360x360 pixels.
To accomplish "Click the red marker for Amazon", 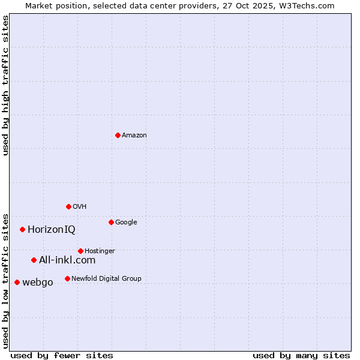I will [118, 135].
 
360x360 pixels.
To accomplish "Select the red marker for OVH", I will [68, 206].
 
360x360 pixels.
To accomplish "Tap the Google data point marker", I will [111, 222].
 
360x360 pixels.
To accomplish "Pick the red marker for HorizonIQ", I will [22, 229].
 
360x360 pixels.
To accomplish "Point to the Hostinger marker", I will [80, 251].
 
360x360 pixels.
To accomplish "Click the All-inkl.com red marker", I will [34, 260].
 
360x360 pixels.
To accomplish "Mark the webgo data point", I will [17, 282].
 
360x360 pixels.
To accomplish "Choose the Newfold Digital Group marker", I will [67, 278].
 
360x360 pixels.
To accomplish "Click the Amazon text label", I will [134, 136].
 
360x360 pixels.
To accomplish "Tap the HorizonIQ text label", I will [52, 230].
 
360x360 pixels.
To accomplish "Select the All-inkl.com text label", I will [67, 260].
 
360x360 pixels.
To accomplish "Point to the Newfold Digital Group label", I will [106, 278].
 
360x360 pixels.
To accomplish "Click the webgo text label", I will [38, 283].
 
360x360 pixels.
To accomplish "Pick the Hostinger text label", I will [100, 251].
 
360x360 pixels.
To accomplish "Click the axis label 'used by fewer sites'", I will [62, 355].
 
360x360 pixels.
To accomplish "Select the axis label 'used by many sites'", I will [301, 355].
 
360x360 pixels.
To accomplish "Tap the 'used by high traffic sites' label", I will [5, 85].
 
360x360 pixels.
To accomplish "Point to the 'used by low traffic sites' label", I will [5, 280].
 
